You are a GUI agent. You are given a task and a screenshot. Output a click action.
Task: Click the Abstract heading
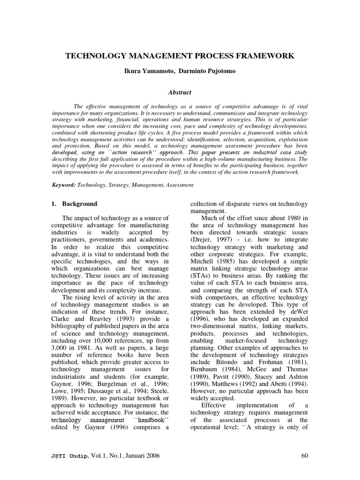click(180, 93)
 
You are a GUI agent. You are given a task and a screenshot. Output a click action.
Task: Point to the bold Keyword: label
click(65, 185)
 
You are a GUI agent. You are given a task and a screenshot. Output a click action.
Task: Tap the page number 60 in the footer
click(304, 456)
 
